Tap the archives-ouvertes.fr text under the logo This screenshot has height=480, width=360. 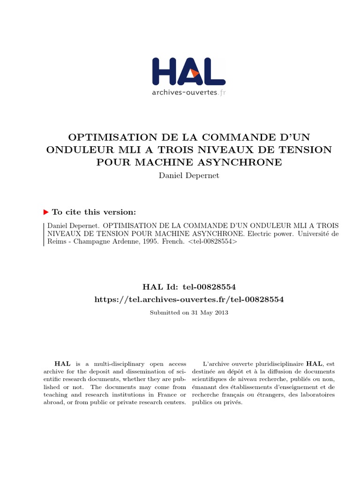[x=188, y=92]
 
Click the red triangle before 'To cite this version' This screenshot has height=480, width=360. [x=45, y=212]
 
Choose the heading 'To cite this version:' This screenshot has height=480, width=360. [x=94, y=212]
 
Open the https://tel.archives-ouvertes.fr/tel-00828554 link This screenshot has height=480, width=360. [x=189, y=299]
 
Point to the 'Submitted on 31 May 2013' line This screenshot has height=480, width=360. [x=189, y=313]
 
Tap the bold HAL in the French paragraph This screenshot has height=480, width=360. [x=314, y=363]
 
